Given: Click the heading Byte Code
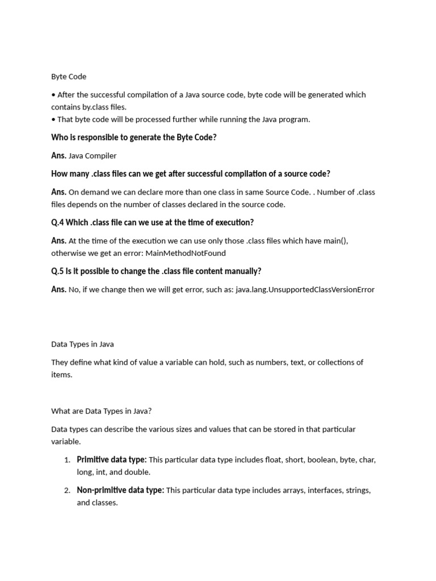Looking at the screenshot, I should tap(69, 76).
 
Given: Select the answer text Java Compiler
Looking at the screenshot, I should tap(92, 155).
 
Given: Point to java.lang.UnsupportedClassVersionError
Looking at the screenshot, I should tap(305, 289).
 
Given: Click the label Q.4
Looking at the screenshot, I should tap(57, 222).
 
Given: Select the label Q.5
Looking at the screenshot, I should tap(57, 271).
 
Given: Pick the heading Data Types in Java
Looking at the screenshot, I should tap(82, 344).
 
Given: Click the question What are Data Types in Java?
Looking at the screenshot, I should tap(102, 411).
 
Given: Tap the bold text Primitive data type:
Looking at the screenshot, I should tap(112, 460).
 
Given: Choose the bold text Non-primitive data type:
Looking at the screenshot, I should tap(120, 490).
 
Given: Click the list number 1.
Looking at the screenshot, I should tap(67, 460).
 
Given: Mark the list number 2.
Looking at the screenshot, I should tap(67, 491).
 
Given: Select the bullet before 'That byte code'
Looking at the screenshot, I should tap(53, 119).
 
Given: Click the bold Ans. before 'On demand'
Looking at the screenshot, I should tap(58, 192).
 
